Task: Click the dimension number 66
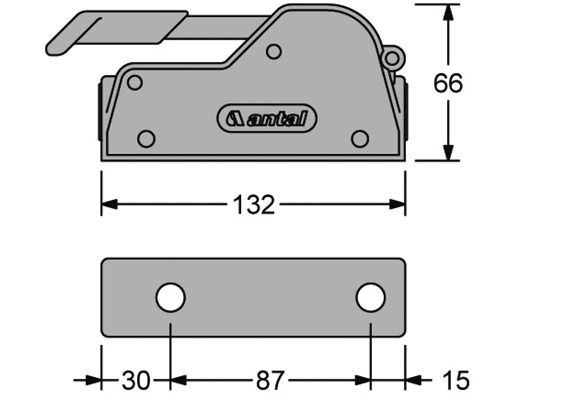pos(448,83)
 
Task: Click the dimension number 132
pos(254,205)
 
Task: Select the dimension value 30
pos(136,381)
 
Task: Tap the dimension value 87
pos(270,381)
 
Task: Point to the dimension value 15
pos(456,381)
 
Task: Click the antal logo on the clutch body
pos(267,118)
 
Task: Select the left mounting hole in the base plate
pos(171,297)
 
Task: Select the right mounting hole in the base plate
pos(370,297)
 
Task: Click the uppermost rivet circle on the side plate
pos(274,52)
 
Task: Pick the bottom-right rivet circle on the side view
pos(360,139)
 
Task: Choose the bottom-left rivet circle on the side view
pos(146,139)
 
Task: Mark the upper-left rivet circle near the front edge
pos(135,83)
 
